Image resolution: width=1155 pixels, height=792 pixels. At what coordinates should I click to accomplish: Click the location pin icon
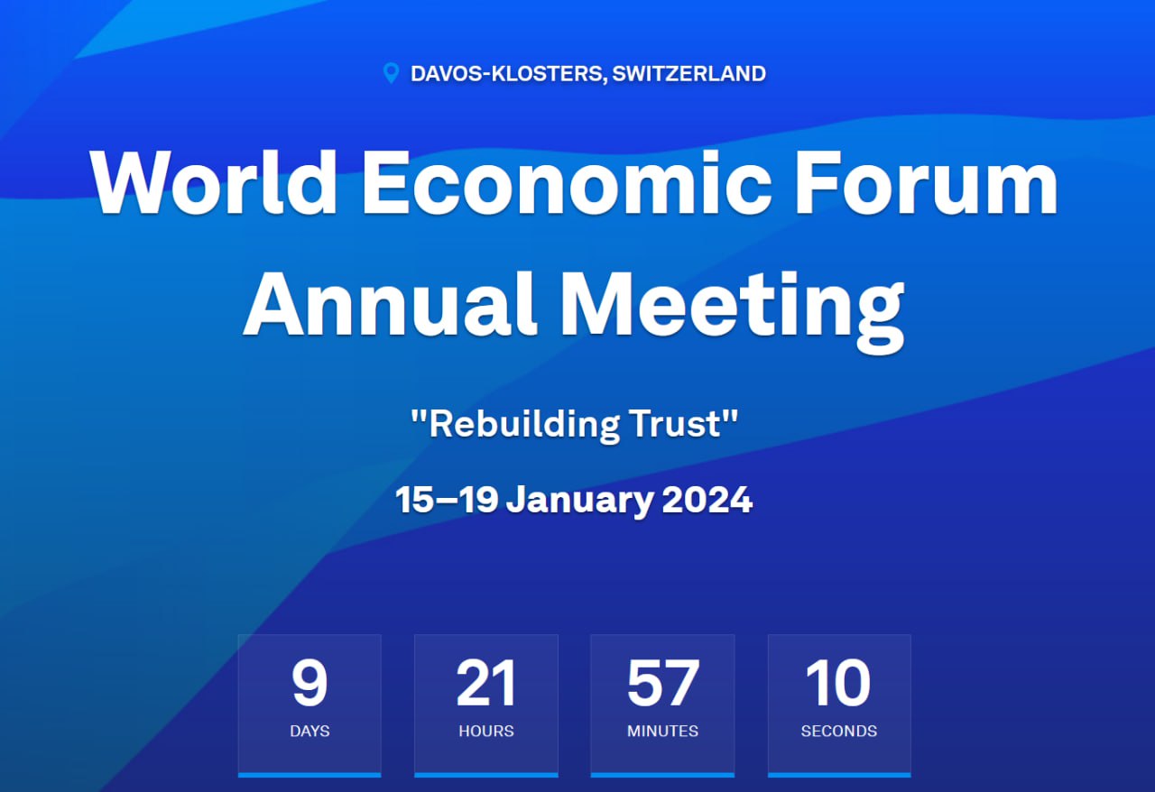(392, 73)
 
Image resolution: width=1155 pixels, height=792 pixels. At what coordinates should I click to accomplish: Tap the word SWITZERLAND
(688, 74)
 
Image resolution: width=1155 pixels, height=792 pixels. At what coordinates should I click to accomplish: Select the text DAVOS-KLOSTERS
(506, 74)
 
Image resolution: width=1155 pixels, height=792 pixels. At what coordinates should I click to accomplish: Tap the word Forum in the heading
(927, 182)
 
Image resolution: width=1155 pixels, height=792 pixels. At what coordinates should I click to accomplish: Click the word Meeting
(732, 312)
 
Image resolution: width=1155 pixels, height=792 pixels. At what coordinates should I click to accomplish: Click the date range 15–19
(447, 499)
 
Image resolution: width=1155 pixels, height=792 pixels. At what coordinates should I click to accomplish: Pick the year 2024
(707, 499)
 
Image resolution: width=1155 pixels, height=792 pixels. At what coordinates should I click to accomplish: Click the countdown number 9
(310, 683)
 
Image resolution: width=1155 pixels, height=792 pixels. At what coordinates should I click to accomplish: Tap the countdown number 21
(485, 683)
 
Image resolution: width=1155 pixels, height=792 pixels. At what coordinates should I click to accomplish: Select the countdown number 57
(663, 683)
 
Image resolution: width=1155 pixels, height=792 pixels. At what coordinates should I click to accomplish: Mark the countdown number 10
(838, 683)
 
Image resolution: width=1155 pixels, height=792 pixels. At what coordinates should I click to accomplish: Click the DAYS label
(310, 732)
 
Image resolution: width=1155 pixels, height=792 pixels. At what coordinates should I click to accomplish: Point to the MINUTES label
(662, 732)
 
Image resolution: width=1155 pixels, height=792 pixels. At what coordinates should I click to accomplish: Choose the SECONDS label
(839, 732)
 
